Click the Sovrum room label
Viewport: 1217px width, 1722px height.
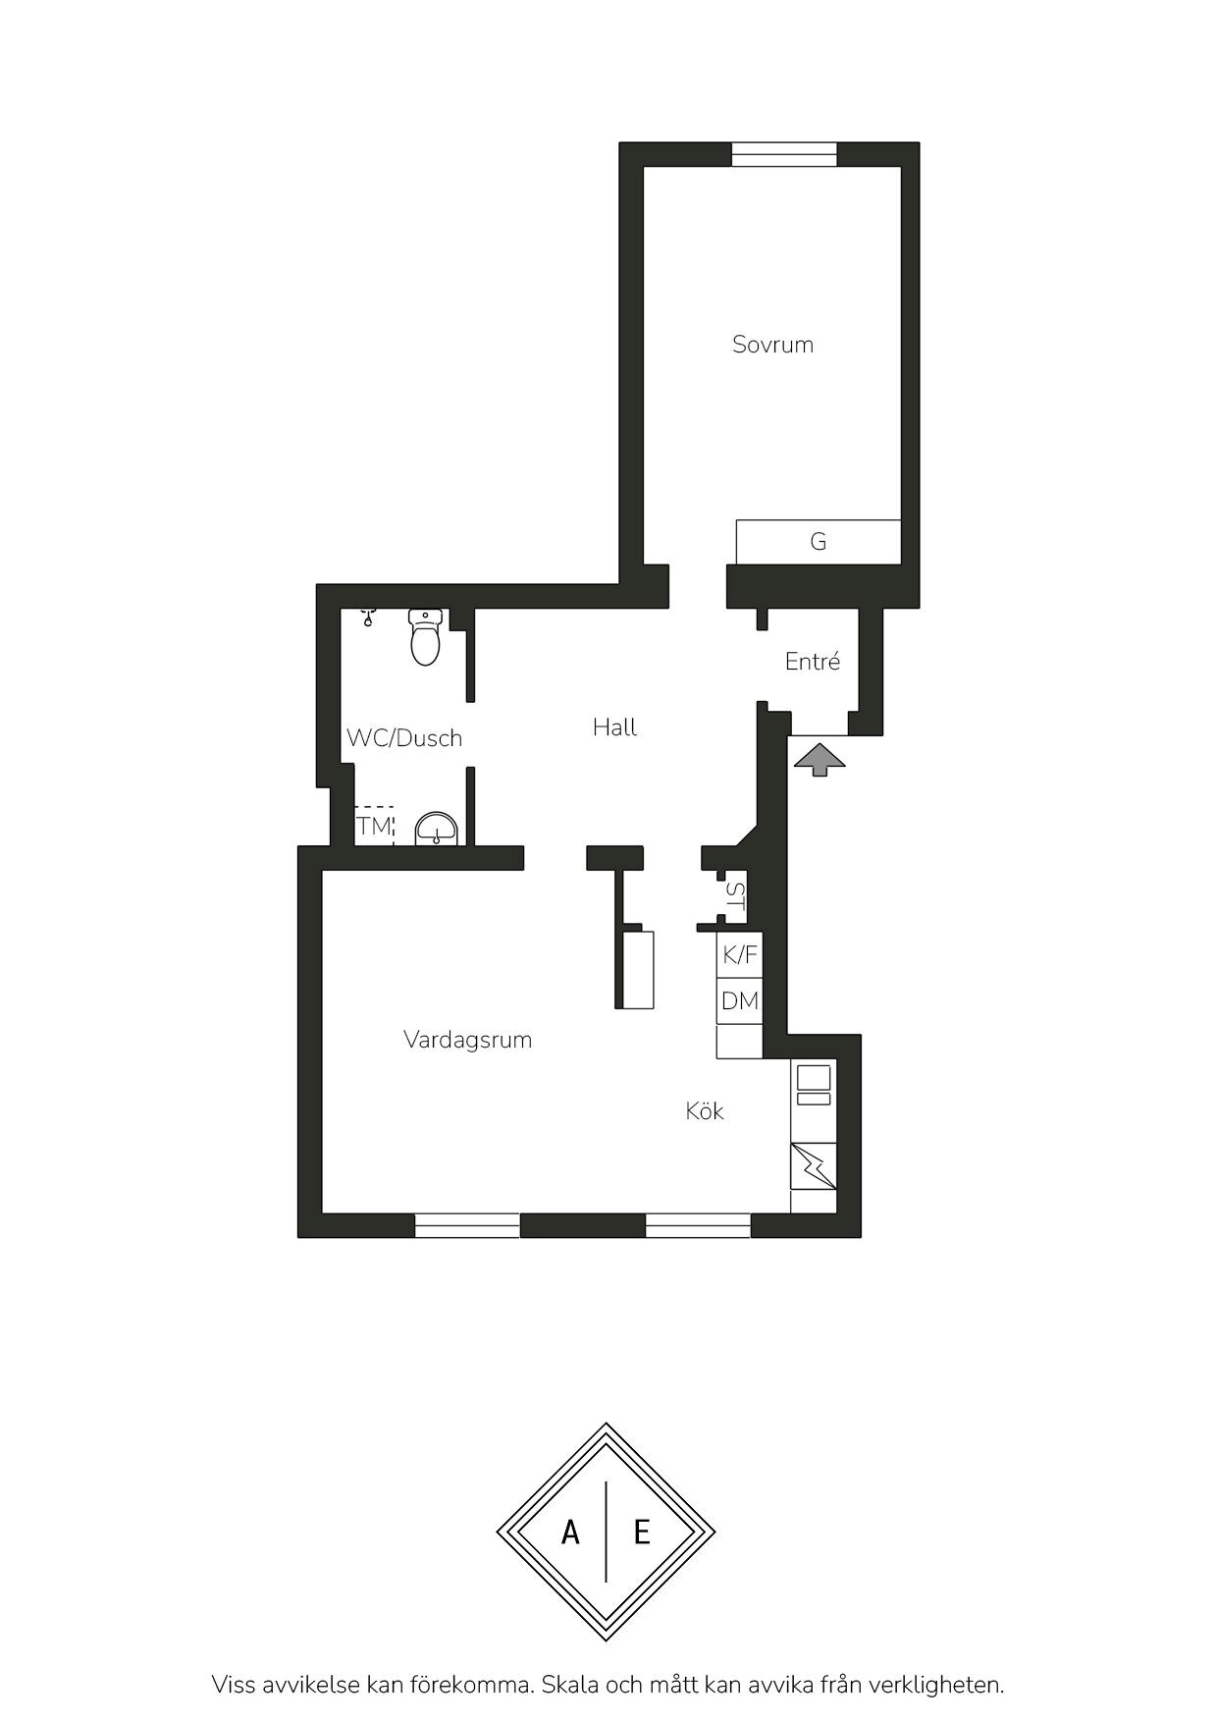(772, 345)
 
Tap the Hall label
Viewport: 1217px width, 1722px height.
(614, 727)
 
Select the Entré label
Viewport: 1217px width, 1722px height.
(813, 662)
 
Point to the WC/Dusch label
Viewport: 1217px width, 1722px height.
(404, 738)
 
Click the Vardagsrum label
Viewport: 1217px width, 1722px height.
(467, 1040)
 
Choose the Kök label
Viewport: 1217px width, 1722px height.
(705, 1110)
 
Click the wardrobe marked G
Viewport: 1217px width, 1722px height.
(819, 542)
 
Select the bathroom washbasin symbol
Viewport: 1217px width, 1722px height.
(436, 830)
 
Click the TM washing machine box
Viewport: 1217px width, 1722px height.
(374, 826)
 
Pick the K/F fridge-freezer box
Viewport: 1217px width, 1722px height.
(739, 954)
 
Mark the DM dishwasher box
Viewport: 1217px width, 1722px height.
(739, 1001)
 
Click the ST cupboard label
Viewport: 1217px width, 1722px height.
(735, 898)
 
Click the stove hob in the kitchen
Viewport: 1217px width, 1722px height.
(814, 1084)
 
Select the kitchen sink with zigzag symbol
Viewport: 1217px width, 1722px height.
(814, 1165)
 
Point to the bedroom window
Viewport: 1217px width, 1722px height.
(784, 154)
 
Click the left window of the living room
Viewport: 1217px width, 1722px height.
(467, 1225)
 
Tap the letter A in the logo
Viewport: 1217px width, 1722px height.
(570, 1532)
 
